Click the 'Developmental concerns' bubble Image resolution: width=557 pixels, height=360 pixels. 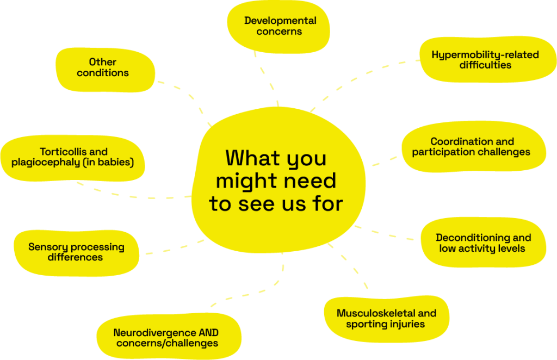point(280,26)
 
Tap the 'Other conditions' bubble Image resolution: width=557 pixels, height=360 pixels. point(103,67)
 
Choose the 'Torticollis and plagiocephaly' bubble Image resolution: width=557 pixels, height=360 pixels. point(73,157)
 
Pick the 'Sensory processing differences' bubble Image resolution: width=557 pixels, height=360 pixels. point(76,252)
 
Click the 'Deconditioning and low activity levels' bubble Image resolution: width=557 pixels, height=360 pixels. point(483,243)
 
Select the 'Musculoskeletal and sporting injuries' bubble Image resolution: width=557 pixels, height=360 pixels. point(386,319)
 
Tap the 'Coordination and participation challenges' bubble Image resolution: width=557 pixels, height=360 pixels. point(471,147)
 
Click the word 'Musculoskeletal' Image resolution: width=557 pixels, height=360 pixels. point(370,313)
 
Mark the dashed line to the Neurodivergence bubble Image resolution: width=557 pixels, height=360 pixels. point(256,294)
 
